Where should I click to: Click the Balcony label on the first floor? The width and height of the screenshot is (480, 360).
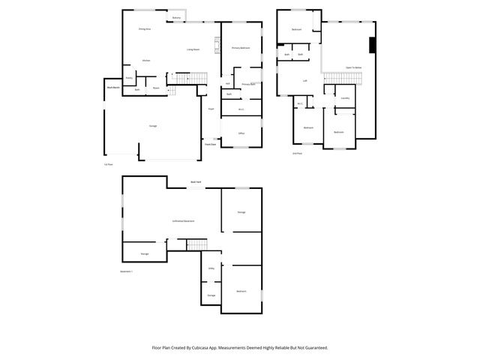[x=176, y=17]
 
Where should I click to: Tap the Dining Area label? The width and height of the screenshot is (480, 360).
[x=145, y=29]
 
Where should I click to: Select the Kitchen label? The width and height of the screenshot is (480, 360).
[x=146, y=60]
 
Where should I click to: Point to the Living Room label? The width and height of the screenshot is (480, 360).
[x=193, y=49]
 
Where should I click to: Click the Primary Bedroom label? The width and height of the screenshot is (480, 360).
[x=240, y=47]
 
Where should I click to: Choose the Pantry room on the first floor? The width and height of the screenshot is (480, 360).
[x=129, y=77]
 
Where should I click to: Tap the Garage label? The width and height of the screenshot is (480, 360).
[x=153, y=126]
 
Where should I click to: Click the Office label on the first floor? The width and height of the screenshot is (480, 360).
[x=241, y=133]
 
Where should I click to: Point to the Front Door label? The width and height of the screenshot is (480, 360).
[x=211, y=144]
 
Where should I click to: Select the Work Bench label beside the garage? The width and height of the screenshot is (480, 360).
[x=112, y=88]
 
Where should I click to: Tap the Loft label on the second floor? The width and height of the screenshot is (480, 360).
[x=304, y=80]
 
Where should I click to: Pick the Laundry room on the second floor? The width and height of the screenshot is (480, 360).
[x=345, y=98]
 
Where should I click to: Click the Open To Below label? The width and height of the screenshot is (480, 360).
[x=354, y=67]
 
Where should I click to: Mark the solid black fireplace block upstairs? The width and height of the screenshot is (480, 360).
[x=372, y=45]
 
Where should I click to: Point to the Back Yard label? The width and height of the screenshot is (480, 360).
[x=196, y=182]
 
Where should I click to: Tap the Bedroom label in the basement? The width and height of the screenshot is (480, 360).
[x=241, y=291]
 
